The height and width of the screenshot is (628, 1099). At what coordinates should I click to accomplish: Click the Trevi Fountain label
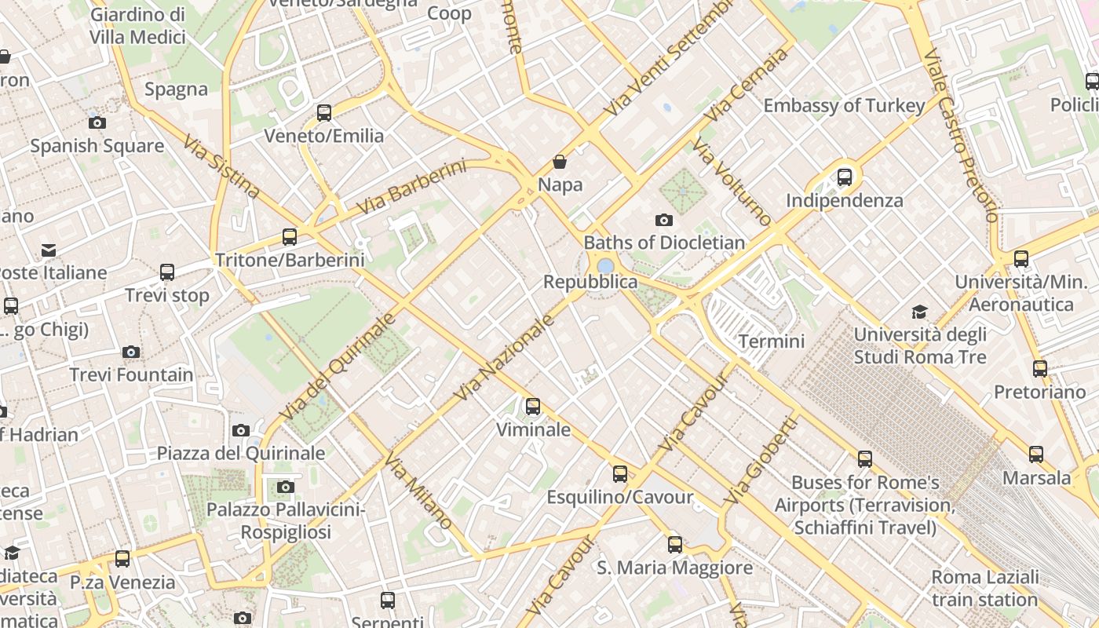pyautogui.click(x=131, y=374)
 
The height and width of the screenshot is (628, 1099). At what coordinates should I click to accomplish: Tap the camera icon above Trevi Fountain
pyautogui.click(x=131, y=352)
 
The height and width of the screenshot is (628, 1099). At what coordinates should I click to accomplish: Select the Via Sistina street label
pyautogui.click(x=221, y=167)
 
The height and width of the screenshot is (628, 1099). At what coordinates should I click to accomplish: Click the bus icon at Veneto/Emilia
pyautogui.click(x=324, y=112)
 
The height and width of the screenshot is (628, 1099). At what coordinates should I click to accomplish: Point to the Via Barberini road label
pyautogui.click(x=411, y=187)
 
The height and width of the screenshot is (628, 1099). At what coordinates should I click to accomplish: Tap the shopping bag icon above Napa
pyautogui.click(x=560, y=162)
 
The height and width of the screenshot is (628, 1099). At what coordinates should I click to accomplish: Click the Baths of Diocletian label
pyautogui.click(x=664, y=243)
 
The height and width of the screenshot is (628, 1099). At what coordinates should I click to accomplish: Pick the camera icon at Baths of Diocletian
pyautogui.click(x=664, y=220)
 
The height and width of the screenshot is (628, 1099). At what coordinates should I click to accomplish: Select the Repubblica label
pyautogui.click(x=590, y=282)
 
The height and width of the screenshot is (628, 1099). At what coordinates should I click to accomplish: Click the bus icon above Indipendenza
pyautogui.click(x=845, y=177)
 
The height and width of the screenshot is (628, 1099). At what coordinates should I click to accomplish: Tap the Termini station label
pyautogui.click(x=772, y=341)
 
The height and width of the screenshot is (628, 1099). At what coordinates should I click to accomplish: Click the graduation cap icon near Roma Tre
pyautogui.click(x=919, y=312)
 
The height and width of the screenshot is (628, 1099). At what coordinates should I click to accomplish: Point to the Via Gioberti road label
pyautogui.click(x=760, y=460)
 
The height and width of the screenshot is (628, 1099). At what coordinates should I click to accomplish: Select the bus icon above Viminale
pyautogui.click(x=533, y=406)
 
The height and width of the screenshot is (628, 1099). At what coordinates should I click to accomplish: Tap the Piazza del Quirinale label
pyautogui.click(x=241, y=453)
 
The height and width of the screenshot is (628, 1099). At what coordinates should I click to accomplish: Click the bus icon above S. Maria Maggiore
pyautogui.click(x=675, y=544)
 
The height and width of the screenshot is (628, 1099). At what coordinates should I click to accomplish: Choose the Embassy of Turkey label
pyautogui.click(x=844, y=105)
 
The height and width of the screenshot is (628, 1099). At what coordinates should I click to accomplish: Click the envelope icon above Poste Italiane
pyautogui.click(x=49, y=250)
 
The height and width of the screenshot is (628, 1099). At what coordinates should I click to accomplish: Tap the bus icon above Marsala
pyautogui.click(x=1036, y=454)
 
